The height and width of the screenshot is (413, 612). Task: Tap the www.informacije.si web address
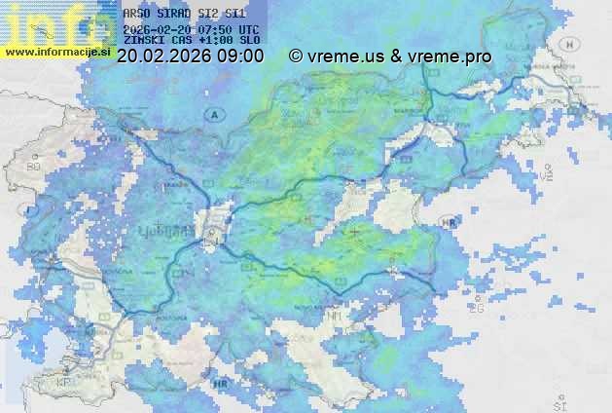pyautogui.click(x=56, y=52)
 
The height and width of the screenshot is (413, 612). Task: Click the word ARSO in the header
pyautogui.click(x=137, y=15)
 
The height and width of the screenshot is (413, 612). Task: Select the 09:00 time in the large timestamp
pyautogui.click(x=240, y=56)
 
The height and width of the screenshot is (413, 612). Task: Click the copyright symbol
pyautogui.click(x=296, y=56)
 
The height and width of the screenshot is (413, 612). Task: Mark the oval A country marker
pyautogui.click(x=212, y=115)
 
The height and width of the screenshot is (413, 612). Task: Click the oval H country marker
pyautogui.click(x=567, y=45)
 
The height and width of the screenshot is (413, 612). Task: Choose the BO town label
pyautogui.click(x=34, y=167)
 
